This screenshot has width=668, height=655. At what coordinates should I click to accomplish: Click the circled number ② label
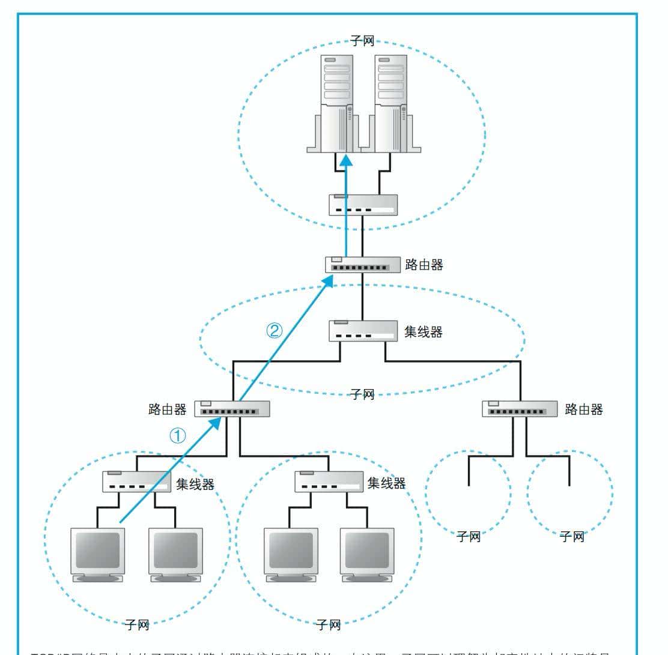pyautogui.click(x=274, y=330)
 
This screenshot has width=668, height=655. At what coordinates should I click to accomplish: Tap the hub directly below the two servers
pyautogui.click(x=363, y=205)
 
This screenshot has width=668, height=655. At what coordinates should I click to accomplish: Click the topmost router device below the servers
pyautogui.click(x=363, y=265)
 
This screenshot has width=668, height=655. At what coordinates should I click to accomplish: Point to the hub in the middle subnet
pyautogui.click(x=363, y=331)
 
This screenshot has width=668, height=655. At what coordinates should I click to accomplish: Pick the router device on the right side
pyautogui.click(x=520, y=409)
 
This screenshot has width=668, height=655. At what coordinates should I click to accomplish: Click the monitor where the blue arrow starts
pyautogui.click(x=97, y=554)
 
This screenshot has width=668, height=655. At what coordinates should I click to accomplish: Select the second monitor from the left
pyautogui.click(x=175, y=554)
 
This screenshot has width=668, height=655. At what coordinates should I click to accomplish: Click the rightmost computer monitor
pyautogui.click(x=367, y=554)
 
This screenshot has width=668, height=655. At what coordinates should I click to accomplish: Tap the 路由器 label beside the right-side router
pyautogui.click(x=584, y=409)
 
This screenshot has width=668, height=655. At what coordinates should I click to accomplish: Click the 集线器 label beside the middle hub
pyautogui.click(x=424, y=331)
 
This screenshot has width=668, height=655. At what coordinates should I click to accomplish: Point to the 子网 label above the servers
pyautogui.click(x=362, y=43)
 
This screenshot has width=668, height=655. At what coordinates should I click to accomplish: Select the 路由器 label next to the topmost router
pyautogui.click(x=424, y=264)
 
